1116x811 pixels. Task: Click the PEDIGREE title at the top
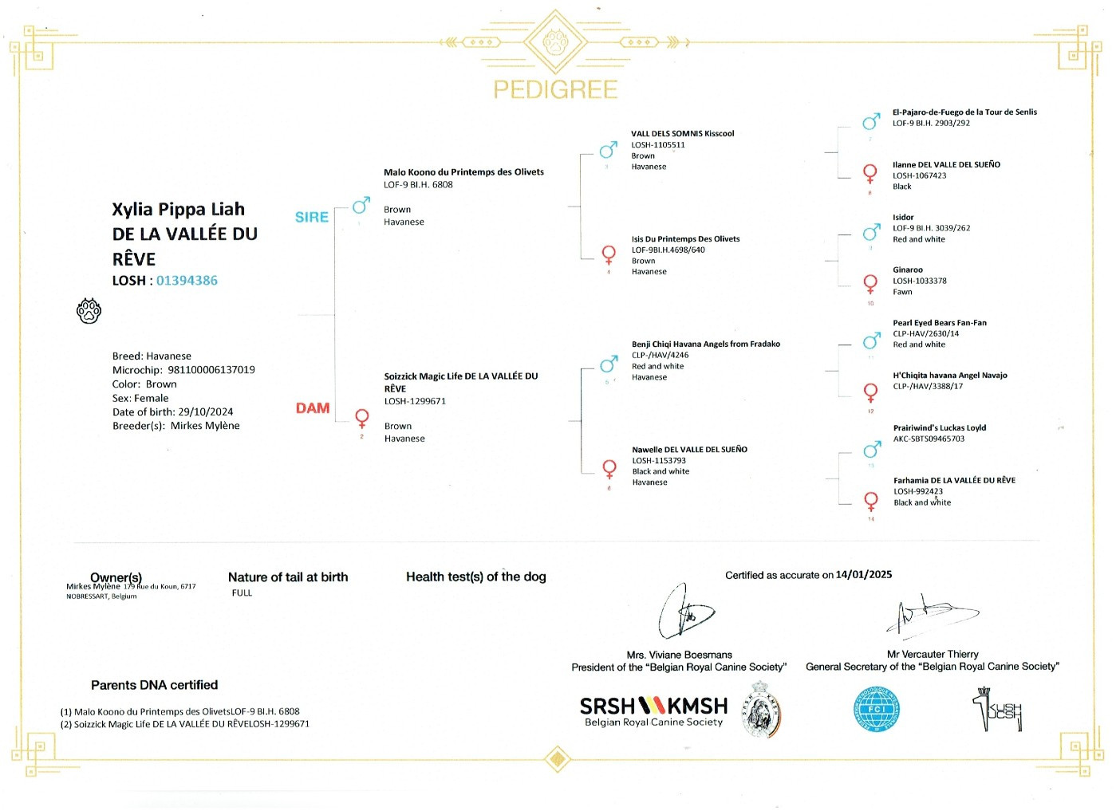555,89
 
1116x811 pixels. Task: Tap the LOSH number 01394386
187,281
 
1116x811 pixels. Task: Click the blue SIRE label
312,217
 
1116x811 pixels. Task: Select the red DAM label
313,408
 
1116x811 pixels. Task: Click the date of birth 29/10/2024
206,412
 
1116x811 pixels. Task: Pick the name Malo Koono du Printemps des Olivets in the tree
463,172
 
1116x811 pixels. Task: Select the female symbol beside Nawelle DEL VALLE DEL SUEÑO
609,469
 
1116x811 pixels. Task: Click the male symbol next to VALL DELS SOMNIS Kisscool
609,150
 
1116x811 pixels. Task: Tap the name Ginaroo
908,270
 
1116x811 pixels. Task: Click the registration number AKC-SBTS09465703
929,439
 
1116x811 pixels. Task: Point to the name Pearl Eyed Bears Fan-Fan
939,323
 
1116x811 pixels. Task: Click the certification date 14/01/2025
863,575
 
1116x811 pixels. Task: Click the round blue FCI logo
876,708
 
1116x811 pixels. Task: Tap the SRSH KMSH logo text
653,707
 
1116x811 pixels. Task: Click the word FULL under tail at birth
242,593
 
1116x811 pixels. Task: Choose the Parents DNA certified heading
154,685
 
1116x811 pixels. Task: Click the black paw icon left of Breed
89,311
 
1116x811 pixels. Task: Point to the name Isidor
903,218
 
